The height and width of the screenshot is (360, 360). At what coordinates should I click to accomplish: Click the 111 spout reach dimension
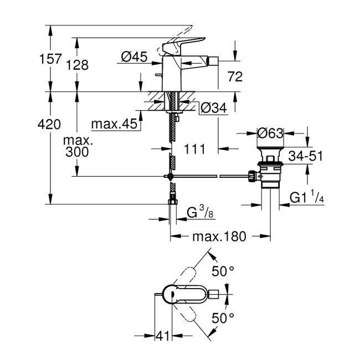(194, 148)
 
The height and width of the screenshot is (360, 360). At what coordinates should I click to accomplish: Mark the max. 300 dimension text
(78, 147)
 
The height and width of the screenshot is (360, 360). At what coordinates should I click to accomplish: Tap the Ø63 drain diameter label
(271, 133)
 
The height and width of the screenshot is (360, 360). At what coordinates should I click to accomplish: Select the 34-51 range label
(308, 157)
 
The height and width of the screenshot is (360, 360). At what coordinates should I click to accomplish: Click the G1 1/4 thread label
(308, 198)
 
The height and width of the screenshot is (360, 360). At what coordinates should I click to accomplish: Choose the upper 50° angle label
(224, 271)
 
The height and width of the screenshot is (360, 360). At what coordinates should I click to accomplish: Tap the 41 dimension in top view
(162, 336)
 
